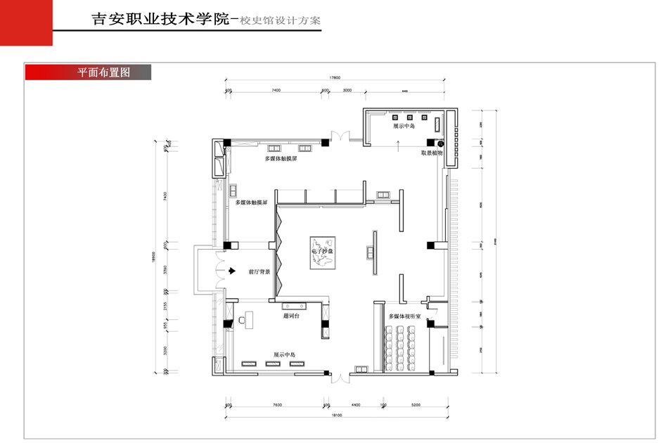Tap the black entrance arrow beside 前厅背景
coord(231,271)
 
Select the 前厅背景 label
coord(259,271)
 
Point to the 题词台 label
coord(292,317)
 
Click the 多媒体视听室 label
coord(404,317)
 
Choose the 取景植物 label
coord(432,153)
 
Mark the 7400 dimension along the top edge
coord(276,91)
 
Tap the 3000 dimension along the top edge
coord(347,91)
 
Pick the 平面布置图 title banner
coord(88,72)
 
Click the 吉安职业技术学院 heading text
coord(161,20)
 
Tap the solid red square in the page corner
coord(26,23)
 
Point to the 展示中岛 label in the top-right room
coord(404,126)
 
